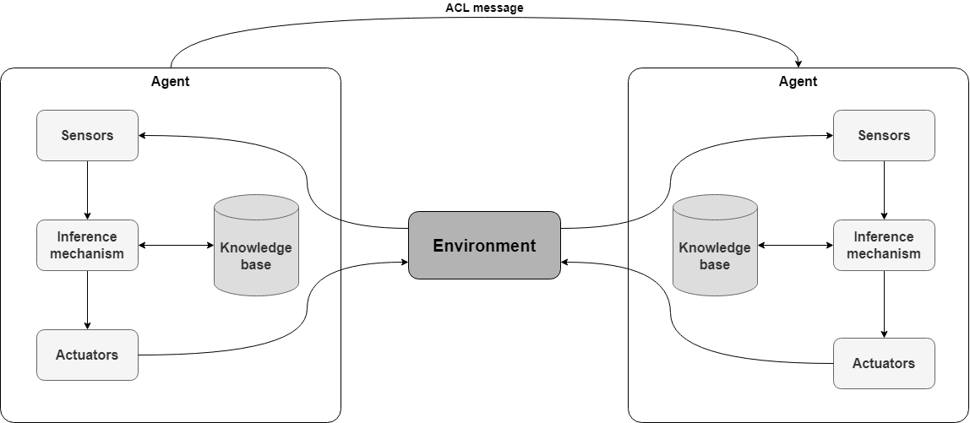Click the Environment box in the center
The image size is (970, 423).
click(484, 246)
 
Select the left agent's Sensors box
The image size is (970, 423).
click(87, 135)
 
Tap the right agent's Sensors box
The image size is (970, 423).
click(884, 135)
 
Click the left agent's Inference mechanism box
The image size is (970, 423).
click(87, 245)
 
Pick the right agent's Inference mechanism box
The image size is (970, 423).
click(884, 245)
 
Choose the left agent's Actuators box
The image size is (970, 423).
click(87, 355)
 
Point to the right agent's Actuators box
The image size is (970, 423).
click(884, 363)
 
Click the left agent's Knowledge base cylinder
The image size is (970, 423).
click(256, 247)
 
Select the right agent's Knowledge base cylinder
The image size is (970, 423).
click(715, 247)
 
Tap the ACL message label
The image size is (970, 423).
click(484, 8)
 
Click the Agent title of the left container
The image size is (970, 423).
click(171, 82)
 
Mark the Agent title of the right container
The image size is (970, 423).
click(798, 82)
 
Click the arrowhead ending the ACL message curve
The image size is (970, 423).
click(798, 63)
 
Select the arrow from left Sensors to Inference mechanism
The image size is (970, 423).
click(87, 190)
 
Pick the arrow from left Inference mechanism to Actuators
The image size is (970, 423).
click(87, 300)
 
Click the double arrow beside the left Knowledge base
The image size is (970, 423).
click(176, 246)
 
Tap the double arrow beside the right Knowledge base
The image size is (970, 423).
click(795, 246)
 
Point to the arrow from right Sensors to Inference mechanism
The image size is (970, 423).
click(884, 190)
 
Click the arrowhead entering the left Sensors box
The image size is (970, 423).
click(143, 135)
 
